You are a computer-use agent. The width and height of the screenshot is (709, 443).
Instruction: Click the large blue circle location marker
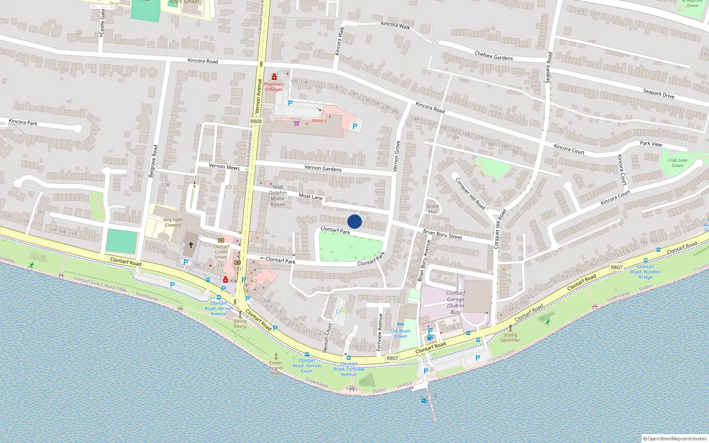click(354, 221)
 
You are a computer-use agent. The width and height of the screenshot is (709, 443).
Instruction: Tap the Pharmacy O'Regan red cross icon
click(274, 77)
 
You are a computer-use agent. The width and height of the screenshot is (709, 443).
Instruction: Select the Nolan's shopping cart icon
click(296, 123)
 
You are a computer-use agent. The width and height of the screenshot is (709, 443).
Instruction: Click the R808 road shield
click(256, 121)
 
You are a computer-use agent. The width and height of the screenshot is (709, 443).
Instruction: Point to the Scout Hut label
click(432, 209)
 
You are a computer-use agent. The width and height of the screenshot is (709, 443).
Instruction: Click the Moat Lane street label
click(311, 196)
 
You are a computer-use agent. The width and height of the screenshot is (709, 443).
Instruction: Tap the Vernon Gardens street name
click(323, 168)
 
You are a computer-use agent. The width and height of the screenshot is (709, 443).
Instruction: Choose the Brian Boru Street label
click(442, 234)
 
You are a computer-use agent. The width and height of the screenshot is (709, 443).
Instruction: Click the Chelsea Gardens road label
click(494, 56)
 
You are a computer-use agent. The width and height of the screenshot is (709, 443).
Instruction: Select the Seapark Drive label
click(658, 93)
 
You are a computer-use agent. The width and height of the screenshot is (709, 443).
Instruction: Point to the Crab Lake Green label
click(678, 163)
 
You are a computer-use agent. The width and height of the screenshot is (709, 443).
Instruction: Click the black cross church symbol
click(191, 245)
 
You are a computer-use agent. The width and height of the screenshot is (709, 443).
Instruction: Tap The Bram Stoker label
click(400, 334)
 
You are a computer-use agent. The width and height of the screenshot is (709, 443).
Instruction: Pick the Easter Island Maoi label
click(276, 368)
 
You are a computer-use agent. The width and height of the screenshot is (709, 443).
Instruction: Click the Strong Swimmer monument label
click(510, 337)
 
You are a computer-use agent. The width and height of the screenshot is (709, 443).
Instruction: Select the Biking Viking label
click(240, 324)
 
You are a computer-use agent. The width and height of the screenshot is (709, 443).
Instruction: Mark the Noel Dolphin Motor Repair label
click(278, 196)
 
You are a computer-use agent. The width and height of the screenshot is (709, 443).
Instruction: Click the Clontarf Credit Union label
click(221, 252)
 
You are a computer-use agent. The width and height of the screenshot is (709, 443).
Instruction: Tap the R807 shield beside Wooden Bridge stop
click(616, 267)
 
